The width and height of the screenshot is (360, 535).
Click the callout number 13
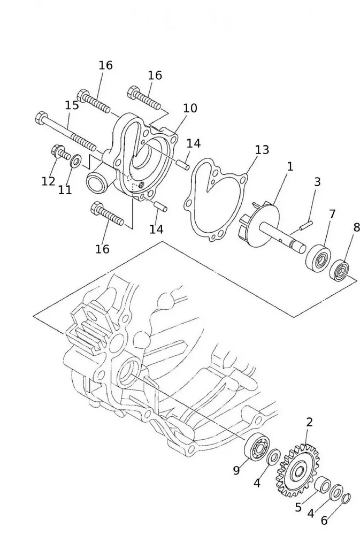[x=262, y=150]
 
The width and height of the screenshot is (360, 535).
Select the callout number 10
[x=190, y=108]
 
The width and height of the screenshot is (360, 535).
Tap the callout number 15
[x=72, y=105]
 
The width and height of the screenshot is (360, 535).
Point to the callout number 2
[x=309, y=422]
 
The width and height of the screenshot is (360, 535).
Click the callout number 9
[x=236, y=470]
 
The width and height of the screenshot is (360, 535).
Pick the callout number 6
[x=325, y=520]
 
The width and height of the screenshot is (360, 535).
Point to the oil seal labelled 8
[x=340, y=271]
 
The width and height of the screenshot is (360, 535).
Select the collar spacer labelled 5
[x=323, y=486]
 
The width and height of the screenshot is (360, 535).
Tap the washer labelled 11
[x=76, y=160]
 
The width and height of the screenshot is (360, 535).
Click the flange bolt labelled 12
[x=59, y=152]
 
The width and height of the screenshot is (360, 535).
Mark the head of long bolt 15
[x=41, y=117]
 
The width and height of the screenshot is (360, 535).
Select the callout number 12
[x=48, y=181]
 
